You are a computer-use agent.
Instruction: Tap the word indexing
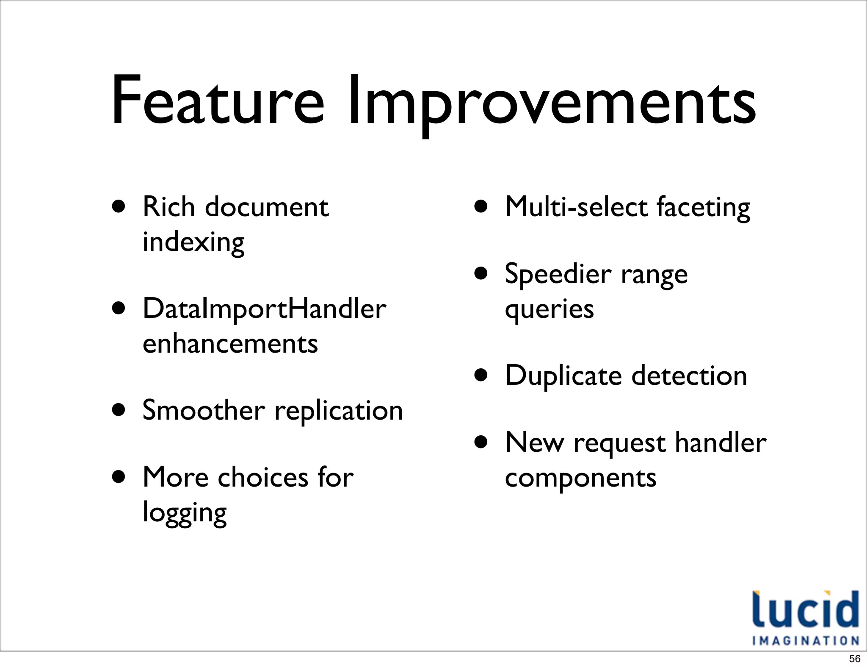click(193, 242)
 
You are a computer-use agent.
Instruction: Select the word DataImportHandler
click(264, 309)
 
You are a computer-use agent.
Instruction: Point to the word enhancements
click(230, 344)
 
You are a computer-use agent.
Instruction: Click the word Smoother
click(204, 410)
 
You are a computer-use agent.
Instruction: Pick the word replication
click(339, 411)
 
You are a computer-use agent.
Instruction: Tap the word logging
click(185, 513)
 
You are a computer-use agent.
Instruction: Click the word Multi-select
click(576, 207)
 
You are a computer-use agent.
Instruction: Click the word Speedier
click(558, 275)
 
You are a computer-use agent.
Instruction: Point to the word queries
click(549, 309)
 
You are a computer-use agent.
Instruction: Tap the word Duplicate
click(563, 376)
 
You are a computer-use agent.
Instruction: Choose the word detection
click(689, 376)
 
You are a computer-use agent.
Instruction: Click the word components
click(580, 479)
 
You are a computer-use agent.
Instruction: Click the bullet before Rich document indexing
click(119, 206)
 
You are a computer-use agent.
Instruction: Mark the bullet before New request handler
click(481, 443)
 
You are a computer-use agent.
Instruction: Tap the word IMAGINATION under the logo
click(805, 640)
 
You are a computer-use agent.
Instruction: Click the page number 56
click(854, 659)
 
